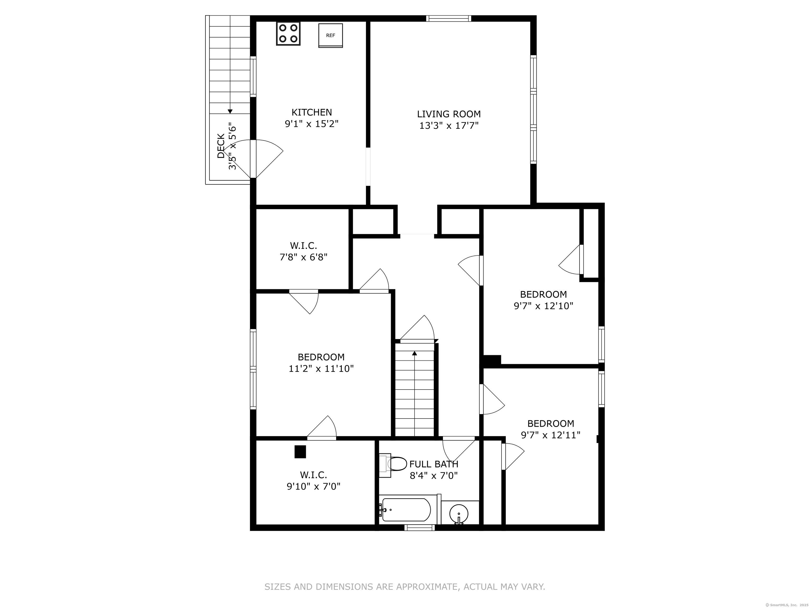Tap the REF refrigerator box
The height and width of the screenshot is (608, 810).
coord(331,36)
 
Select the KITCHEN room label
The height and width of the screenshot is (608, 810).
coord(312,112)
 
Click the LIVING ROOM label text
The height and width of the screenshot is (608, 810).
coord(449,114)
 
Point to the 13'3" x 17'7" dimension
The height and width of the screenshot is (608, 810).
coord(449,126)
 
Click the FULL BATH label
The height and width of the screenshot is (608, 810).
coord(434,464)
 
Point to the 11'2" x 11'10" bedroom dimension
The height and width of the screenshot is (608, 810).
coord(321,369)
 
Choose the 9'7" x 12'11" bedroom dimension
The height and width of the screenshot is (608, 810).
coord(551,435)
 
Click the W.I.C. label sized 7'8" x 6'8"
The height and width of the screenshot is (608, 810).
coord(303,245)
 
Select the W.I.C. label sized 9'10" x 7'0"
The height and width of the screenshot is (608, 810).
coord(314,475)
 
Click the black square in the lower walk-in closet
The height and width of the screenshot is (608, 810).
coord(300,452)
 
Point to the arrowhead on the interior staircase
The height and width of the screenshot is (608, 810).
coord(414,353)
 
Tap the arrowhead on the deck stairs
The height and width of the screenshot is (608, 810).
coord(230,111)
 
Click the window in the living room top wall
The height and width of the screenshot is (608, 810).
coord(449,18)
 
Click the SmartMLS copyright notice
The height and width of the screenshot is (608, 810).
coord(788,605)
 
